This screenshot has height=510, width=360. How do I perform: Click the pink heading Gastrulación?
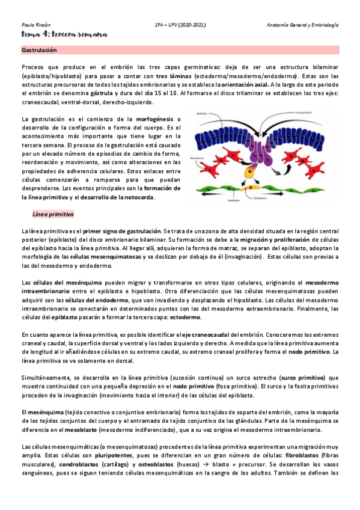tap(39, 50)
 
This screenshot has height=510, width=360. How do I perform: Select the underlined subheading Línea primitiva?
tap(52, 214)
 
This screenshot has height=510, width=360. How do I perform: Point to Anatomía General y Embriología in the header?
tap(303, 25)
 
